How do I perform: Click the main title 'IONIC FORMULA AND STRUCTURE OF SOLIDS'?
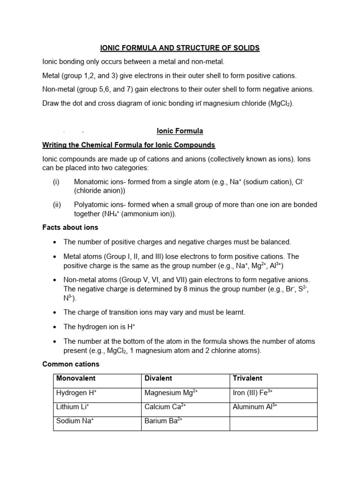click(x=180, y=48)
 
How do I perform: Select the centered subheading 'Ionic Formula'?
click(x=180, y=131)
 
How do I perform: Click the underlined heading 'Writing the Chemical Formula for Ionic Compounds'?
click(x=128, y=145)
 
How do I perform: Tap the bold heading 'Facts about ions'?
click(x=70, y=227)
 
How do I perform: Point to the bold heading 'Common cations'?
click(x=71, y=364)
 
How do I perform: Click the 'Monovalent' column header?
click(x=76, y=378)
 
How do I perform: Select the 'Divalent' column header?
click(x=158, y=378)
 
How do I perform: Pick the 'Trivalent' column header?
click(x=247, y=378)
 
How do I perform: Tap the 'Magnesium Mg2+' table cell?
click(x=171, y=393)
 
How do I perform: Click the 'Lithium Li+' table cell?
click(x=73, y=407)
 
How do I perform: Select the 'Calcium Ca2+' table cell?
click(x=165, y=407)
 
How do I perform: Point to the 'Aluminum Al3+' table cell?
click(x=255, y=407)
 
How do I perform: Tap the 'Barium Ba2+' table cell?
click(x=163, y=421)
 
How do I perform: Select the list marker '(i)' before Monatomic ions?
click(x=56, y=181)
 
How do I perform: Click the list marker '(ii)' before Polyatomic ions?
click(x=56, y=204)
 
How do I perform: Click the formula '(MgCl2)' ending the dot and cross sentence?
click(x=281, y=104)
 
